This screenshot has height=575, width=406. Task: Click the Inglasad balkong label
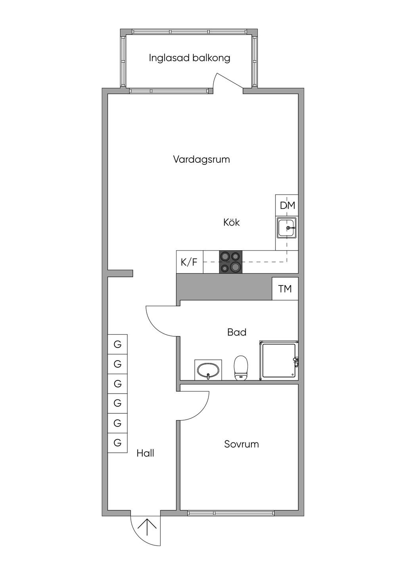pyautogui.click(x=190, y=58)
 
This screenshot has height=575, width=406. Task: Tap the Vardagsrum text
pyautogui.click(x=201, y=159)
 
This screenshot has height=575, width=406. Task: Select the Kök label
pyautogui.click(x=232, y=222)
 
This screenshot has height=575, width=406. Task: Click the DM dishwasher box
pyautogui.click(x=287, y=205)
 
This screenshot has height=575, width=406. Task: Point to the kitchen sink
pyautogui.click(x=287, y=228)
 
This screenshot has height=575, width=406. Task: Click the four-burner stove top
pyautogui.click(x=231, y=262)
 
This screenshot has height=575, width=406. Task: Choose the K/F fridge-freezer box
pyautogui.click(x=190, y=262)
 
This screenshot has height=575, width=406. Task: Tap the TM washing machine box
pyautogui.click(x=285, y=289)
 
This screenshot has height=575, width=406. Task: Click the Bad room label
pyautogui.click(x=237, y=332)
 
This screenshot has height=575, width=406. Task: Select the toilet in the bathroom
pyautogui.click(x=241, y=368)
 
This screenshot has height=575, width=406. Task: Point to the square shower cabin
pyautogui.click(x=279, y=361)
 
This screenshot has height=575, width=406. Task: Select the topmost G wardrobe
pyautogui.click(x=117, y=344)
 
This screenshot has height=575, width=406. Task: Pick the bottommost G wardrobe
pyautogui.click(x=117, y=443)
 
